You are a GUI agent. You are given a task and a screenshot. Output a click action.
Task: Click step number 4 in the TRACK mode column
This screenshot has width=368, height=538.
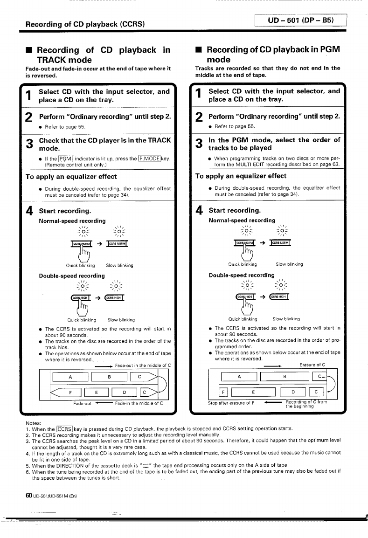(x=29, y=211)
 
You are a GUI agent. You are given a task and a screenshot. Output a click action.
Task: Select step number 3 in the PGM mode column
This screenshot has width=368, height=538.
(x=199, y=144)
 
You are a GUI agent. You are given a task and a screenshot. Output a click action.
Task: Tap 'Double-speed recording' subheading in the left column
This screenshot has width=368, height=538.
(x=72, y=276)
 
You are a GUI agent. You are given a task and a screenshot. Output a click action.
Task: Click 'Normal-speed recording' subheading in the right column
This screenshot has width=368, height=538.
(x=242, y=220)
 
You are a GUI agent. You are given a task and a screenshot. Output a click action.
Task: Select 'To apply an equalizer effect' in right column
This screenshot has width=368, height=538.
(x=240, y=176)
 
